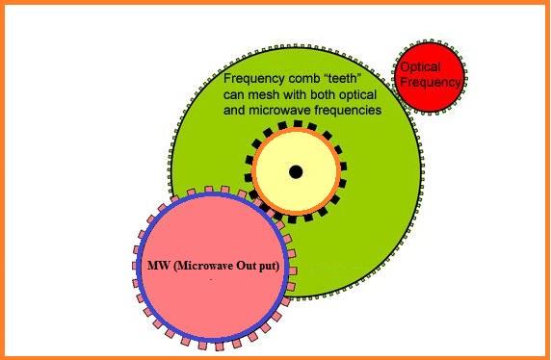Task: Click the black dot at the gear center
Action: [296, 171]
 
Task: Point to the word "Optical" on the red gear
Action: [420, 68]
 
